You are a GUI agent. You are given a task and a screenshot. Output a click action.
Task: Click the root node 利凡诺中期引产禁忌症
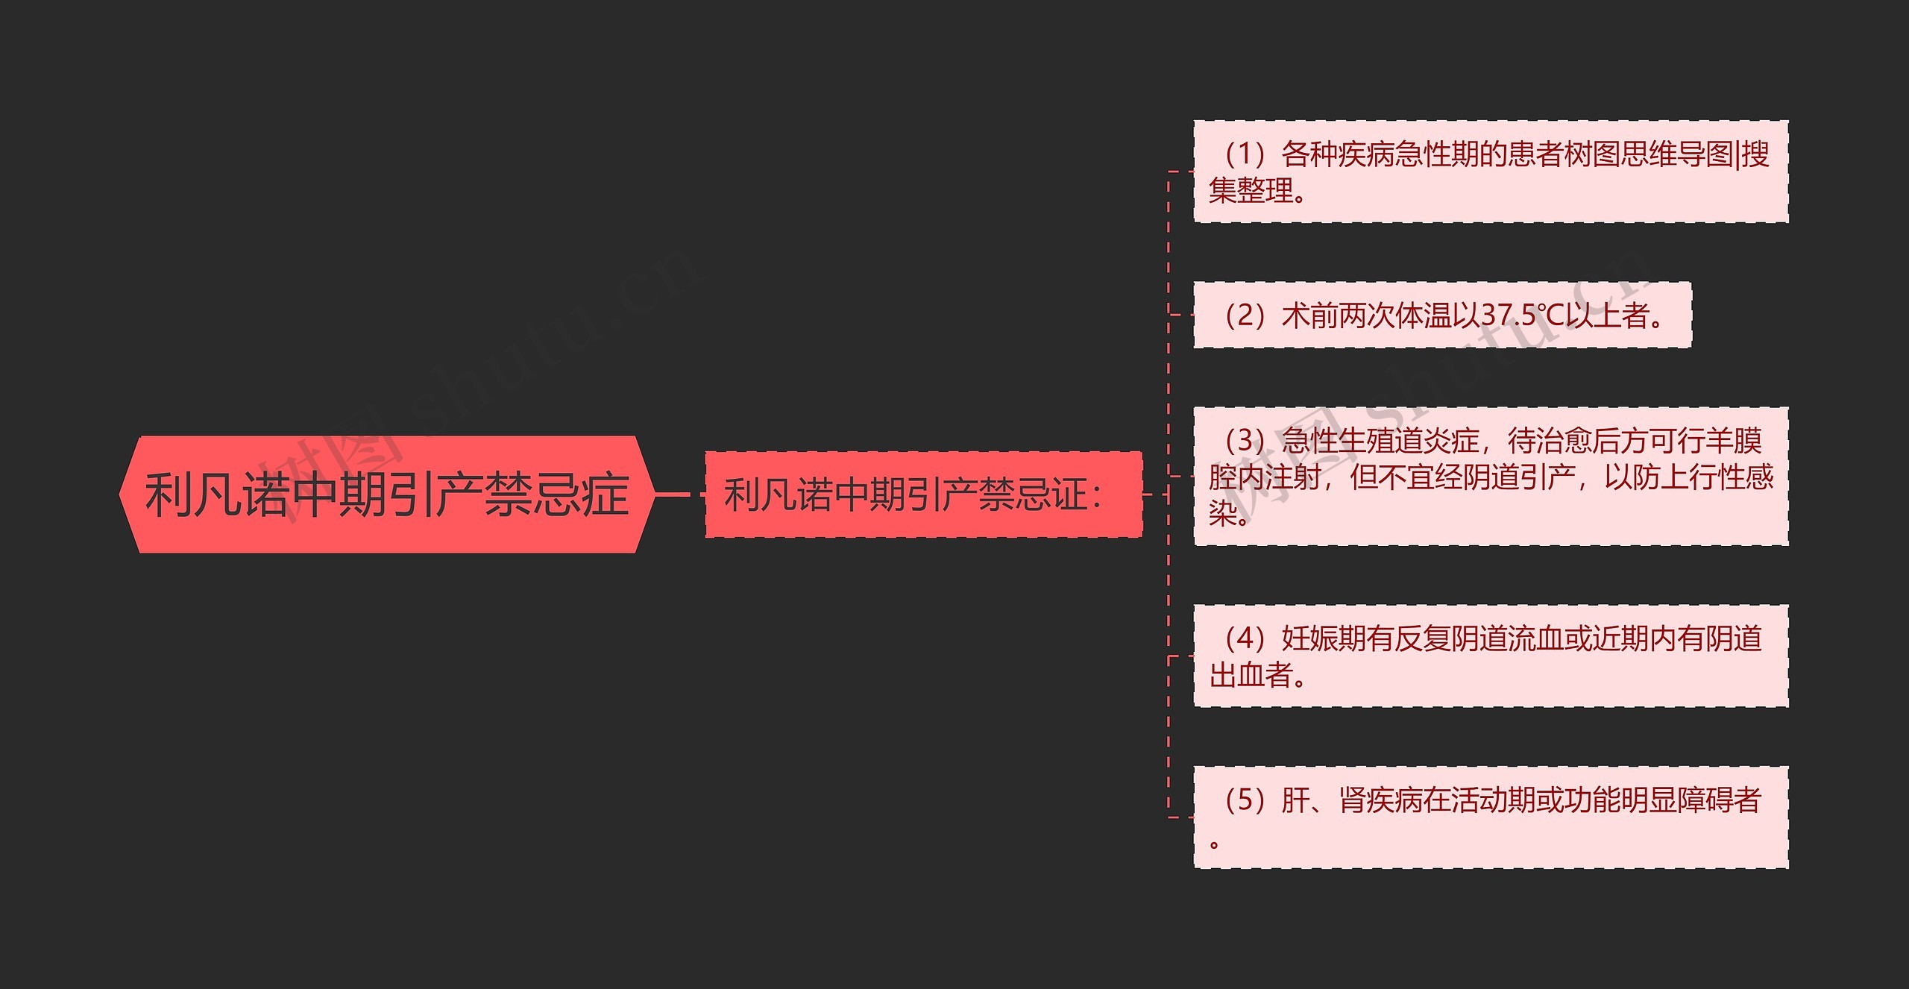(x=386, y=494)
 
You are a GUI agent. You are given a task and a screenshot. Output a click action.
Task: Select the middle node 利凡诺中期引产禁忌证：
(x=923, y=494)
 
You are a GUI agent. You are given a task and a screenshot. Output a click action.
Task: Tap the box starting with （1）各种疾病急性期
(x=1490, y=172)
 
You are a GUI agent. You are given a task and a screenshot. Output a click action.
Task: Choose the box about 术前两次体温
(x=1441, y=315)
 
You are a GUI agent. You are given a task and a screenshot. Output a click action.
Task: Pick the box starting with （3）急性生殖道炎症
(x=1490, y=476)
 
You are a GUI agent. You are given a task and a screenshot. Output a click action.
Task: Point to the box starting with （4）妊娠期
(x=1490, y=656)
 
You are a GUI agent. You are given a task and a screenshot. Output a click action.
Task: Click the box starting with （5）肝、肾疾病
(x=1490, y=817)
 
